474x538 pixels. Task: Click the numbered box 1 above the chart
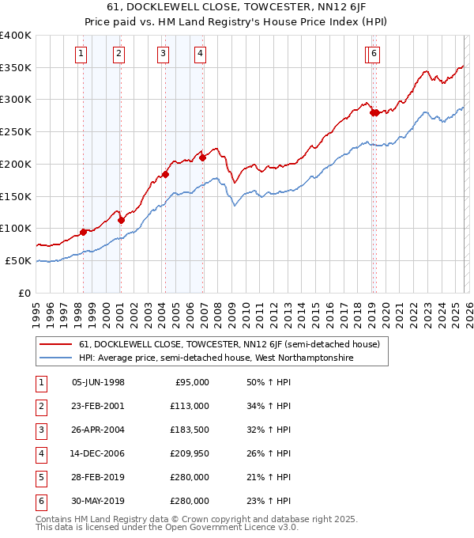click(x=82, y=54)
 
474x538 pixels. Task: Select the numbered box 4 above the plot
click(x=201, y=54)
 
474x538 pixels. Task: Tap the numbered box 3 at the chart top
click(x=163, y=54)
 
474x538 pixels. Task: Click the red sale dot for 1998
click(x=83, y=232)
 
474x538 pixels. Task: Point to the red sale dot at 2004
click(x=166, y=174)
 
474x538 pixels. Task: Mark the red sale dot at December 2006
click(x=203, y=157)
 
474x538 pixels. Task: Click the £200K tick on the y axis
click(x=16, y=164)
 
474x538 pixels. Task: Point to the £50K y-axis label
click(x=18, y=260)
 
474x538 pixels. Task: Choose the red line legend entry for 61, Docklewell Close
click(x=229, y=344)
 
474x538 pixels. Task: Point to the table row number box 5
click(x=39, y=477)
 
